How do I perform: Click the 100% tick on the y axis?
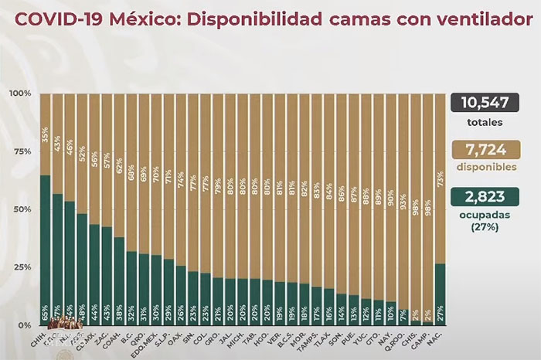click(20, 93)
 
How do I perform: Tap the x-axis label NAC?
click(441, 340)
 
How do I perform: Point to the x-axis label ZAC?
click(107, 340)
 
